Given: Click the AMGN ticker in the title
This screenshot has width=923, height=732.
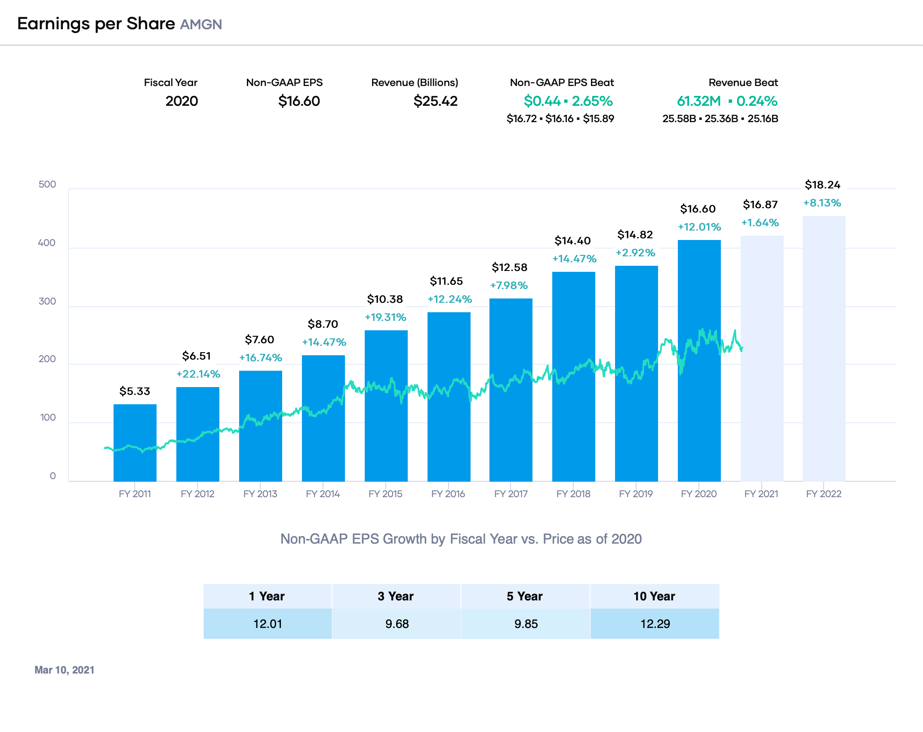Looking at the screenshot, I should [x=201, y=25].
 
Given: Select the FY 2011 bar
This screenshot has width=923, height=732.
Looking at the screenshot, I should [x=135, y=443].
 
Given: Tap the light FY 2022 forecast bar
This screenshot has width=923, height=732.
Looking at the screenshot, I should [x=824, y=348].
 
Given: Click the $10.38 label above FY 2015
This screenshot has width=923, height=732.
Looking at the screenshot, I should [x=385, y=299].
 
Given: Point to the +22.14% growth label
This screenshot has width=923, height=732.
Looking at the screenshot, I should [x=198, y=374].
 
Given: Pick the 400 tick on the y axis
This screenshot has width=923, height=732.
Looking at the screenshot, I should [x=47, y=243].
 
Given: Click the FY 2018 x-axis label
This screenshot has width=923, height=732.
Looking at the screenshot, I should [x=573, y=494].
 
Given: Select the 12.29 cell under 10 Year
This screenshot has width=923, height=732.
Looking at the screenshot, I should [x=655, y=624].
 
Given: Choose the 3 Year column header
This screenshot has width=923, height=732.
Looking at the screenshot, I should [x=396, y=596].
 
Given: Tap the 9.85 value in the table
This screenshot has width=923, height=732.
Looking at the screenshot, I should [x=526, y=624].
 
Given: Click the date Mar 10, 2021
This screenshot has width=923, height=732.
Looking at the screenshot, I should [x=65, y=670].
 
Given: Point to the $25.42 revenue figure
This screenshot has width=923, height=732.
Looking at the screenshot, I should [x=435, y=101].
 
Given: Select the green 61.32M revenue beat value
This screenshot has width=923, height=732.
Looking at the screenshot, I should [x=699, y=101].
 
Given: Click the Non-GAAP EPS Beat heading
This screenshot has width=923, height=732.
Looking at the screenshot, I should [x=562, y=83].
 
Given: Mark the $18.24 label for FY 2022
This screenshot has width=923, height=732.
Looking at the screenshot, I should [x=822, y=185].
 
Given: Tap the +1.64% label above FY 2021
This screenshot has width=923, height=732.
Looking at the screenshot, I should [x=760, y=223].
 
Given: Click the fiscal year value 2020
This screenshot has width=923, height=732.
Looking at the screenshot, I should [x=182, y=101].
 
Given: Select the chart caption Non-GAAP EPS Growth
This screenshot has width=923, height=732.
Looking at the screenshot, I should [x=461, y=539].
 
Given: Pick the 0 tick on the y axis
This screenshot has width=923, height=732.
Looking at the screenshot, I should [x=52, y=476].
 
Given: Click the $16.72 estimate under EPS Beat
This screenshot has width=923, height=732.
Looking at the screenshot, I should [x=522, y=119].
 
